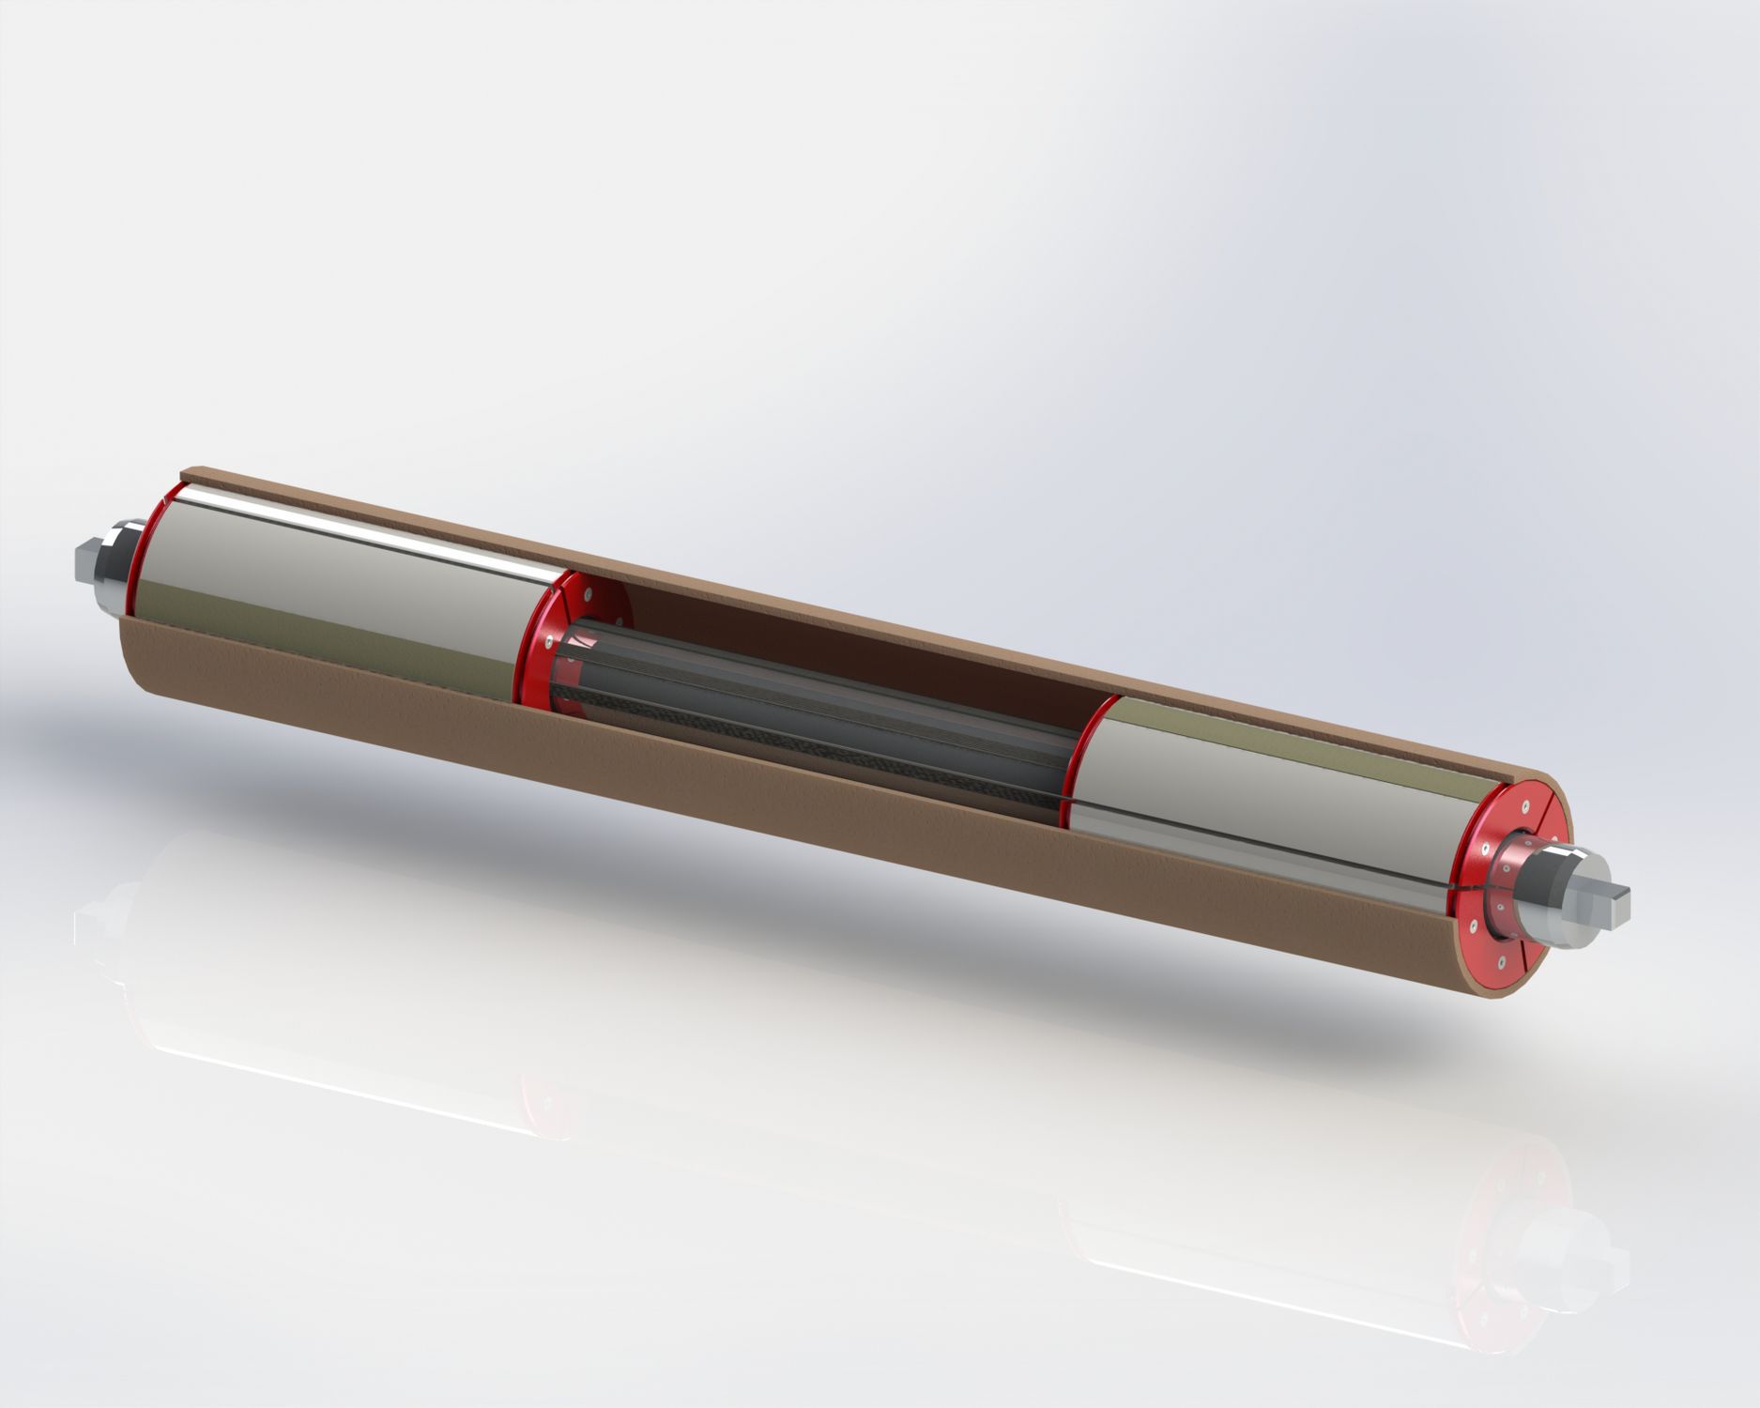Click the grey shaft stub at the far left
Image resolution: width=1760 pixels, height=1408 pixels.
85,562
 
